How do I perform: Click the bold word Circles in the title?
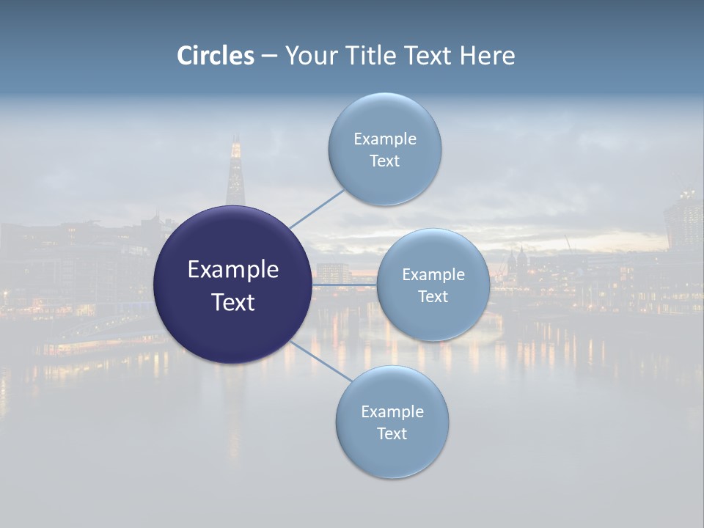click(216, 56)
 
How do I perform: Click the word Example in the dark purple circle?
click(232, 270)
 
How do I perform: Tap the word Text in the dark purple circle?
click(232, 302)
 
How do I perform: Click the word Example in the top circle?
click(384, 139)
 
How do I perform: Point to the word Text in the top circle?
click(384, 161)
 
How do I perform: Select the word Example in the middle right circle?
click(433, 274)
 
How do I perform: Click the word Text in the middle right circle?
click(433, 296)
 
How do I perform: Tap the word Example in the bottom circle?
click(392, 411)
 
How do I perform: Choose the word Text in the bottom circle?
click(392, 433)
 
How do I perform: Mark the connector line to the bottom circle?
click(318, 361)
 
